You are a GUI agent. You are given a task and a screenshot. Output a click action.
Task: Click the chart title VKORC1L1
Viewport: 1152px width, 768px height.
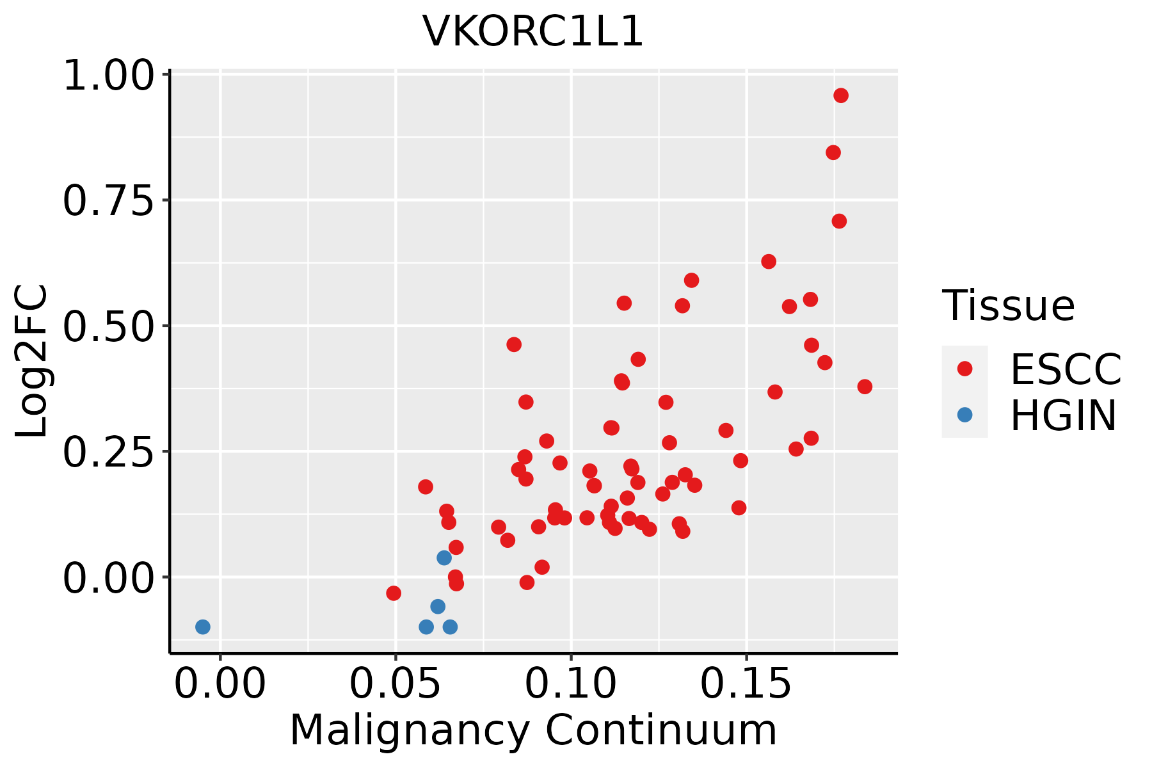[532, 31]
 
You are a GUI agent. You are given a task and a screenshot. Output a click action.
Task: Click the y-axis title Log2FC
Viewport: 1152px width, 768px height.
[31, 362]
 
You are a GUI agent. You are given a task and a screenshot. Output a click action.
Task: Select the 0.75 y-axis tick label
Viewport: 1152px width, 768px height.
[109, 201]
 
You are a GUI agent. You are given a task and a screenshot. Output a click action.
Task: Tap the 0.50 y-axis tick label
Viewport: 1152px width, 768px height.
[109, 326]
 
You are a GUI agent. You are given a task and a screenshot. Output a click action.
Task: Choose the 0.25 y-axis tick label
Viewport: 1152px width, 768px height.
[109, 452]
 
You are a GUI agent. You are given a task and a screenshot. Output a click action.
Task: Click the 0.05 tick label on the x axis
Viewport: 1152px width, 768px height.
[396, 684]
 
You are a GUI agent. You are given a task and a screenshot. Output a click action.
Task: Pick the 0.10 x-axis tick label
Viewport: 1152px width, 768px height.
[571, 684]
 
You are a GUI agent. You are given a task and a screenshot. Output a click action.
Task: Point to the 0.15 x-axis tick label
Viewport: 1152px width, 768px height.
[746, 684]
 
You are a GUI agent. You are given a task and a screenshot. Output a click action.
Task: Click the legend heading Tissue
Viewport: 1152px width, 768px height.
[1009, 306]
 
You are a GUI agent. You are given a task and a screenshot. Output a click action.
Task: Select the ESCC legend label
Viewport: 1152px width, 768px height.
[1066, 369]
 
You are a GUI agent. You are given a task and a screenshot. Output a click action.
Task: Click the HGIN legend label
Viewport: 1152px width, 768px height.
[1064, 415]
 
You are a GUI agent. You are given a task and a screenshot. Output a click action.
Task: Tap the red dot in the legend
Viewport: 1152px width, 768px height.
[964, 369]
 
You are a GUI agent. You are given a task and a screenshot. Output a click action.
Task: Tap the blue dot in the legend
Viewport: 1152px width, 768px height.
[964, 415]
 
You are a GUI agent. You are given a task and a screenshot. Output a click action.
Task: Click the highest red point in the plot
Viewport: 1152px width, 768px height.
[841, 95]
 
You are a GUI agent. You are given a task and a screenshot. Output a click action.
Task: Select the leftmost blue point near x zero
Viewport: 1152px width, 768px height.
[203, 627]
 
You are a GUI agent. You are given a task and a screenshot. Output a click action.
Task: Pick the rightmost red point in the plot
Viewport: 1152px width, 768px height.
[865, 387]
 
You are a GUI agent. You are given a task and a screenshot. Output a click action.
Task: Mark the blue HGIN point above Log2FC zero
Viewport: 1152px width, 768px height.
[444, 558]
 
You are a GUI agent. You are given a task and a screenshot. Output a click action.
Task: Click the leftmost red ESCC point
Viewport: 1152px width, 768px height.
[394, 593]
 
